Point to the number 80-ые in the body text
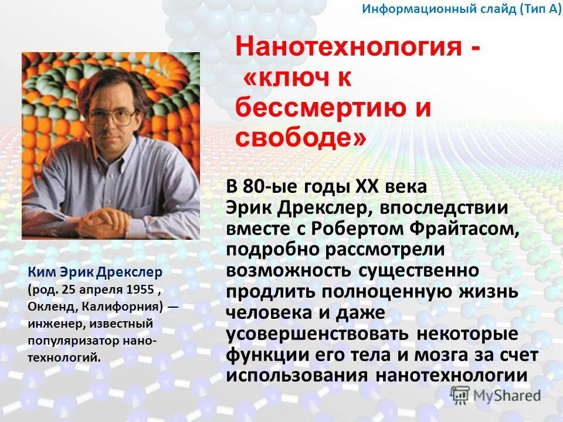coord(275,188)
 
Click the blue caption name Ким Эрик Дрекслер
coord(94,273)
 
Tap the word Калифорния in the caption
coord(123,306)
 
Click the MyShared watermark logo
coord(496,395)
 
